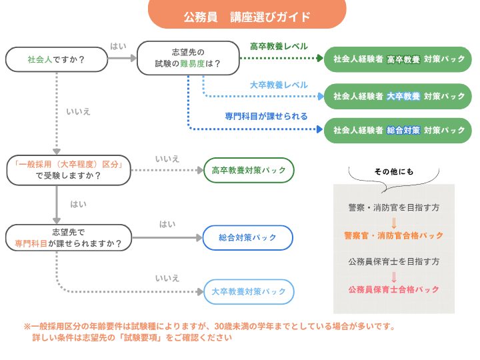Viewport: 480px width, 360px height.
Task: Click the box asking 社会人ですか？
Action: (x=56, y=59)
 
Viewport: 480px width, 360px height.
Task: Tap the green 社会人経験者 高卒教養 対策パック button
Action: (x=398, y=59)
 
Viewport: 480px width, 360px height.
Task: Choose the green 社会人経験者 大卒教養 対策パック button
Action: (x=398, y=96)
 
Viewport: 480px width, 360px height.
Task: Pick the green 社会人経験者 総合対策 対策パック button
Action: (x=398, y=130)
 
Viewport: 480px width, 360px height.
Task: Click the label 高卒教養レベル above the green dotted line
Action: (x=279, y=47)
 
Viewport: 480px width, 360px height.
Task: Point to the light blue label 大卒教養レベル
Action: (x=279, y=85)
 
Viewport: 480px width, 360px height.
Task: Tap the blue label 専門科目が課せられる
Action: (x=266, y=116)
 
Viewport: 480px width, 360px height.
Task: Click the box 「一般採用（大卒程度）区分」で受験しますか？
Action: (x=68, y=170)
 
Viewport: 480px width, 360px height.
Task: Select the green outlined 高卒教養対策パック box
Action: (x=248, y=171)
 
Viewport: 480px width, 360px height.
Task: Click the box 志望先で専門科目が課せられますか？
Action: (x=68, y=238)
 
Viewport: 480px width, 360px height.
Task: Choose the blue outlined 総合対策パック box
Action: (x=248, y=237)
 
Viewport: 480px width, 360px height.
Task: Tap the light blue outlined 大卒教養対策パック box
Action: (x=248, y=291)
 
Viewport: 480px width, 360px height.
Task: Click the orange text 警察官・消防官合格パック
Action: (x=393, y=235)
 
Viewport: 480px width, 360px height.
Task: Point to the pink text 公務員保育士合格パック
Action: (x=393, y=289)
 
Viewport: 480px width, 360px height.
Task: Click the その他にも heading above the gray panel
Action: (x=393, y=171)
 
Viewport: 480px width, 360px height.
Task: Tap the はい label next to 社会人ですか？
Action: (x=118, y=46)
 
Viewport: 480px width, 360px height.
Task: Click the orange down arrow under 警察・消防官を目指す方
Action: (x=393, y=222)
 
